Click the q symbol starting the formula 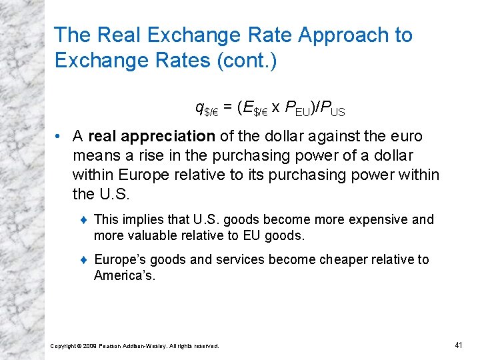(199, 107)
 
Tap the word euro (405, 136)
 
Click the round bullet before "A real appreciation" (60, 137)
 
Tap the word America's (125, 275)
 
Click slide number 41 (459, 345)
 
